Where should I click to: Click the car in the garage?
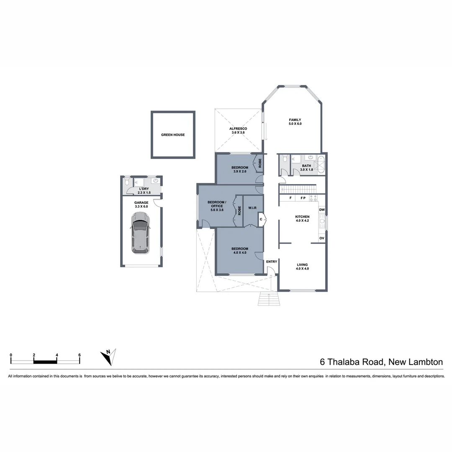tap(140, 232)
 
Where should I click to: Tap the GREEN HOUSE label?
tap(173, 135)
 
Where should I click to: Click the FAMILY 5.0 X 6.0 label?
tap(295, 122)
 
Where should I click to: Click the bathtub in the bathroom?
tap(321, 165)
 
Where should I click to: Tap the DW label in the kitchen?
tap(322, 210)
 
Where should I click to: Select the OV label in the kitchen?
tap(322, 238)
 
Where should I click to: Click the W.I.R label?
tap(252, 208)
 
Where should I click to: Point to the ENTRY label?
tap(272, 262)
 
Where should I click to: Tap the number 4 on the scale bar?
tap(57, 355)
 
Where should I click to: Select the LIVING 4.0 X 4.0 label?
tap(302, 267)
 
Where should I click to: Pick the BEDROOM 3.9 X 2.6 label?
tap(240, 169)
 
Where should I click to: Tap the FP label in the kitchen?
tap(303, 198)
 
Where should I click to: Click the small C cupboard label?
tap(261, 219)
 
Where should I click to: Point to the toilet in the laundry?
tap(127, 182)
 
